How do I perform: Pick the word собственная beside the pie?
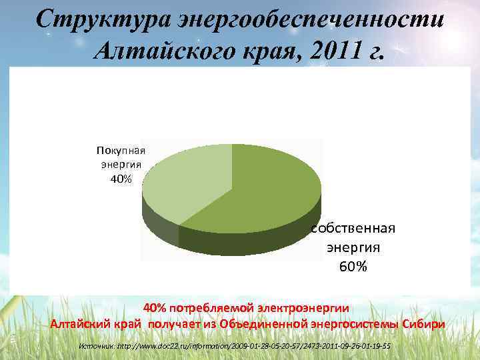click(353, 228)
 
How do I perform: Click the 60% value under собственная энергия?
click(353, 267)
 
